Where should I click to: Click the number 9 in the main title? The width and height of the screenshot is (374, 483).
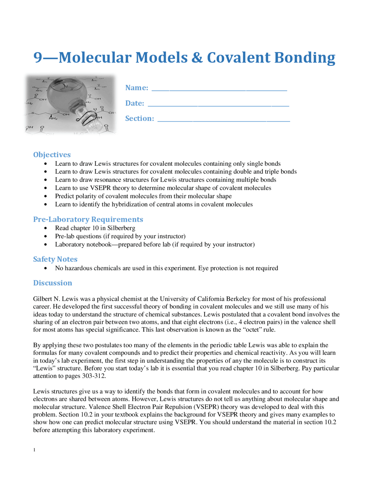tap(38, 57)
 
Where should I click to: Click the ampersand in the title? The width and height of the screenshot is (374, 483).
tap(197, 57)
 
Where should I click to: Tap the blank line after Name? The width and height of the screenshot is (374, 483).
tap(219, 89)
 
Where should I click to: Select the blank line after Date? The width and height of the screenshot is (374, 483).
tap(218, 105)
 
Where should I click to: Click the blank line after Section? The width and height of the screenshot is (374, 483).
tap(224, 120)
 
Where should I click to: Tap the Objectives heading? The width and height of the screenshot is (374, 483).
tap(52, 155)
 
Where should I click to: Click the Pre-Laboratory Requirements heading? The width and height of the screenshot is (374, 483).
tap(88, 219)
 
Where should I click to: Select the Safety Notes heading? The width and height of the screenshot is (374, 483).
tap(55, 259)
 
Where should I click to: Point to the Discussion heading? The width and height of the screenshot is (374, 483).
tap(53, 283)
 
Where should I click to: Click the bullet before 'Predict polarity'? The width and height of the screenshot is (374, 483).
tap(45, 196)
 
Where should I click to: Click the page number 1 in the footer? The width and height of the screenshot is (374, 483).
tap(34, 450)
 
